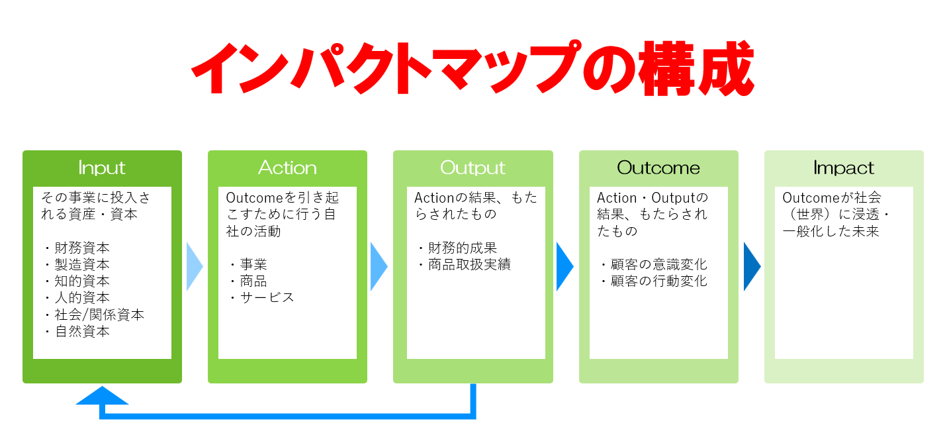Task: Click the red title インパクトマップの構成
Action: coord(473,68)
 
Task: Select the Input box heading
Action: coord(102,168)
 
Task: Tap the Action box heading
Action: coord(287,168)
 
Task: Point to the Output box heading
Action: coord(473,168)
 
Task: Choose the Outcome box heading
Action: coord(658,168)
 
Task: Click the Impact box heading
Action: coord(844,168)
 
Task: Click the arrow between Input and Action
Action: coord(195,266)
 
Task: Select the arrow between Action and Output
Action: coord(379,266)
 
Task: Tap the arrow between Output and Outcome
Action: coord(565,266)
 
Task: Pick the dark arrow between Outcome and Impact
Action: coord(752,266)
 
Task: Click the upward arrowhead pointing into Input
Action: coord(102,396)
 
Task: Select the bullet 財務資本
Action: coord(82,248)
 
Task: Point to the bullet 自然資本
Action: coord(82,331)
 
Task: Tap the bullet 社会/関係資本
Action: coord(99,315)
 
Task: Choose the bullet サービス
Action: coord(267,298)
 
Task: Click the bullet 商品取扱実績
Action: coord(469,264)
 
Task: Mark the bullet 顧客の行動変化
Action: coord(658,281)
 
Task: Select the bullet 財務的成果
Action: coord(463,248)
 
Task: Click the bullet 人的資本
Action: coord(82,298)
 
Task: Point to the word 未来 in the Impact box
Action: coord(866,231)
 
